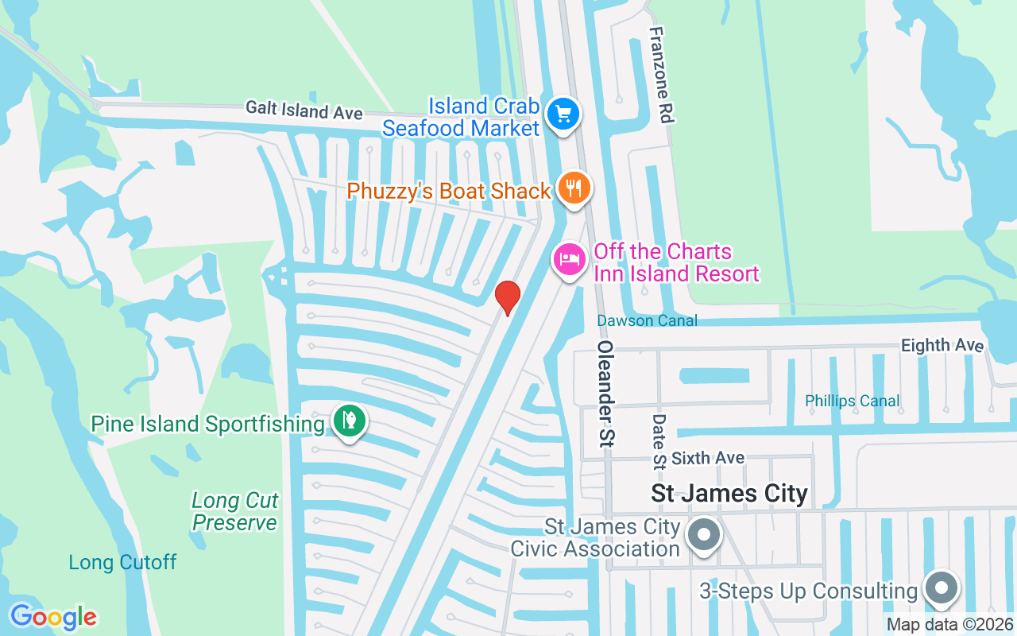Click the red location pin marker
507,297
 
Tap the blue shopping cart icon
563,114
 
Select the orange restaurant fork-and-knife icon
574,188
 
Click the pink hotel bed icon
570,259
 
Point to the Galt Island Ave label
304,110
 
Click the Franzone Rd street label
661,75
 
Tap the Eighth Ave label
942,345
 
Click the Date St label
659,440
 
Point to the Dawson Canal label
648,320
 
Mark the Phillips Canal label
853,401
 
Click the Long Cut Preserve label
235,512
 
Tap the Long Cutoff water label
122,563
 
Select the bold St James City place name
729,494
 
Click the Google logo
53,617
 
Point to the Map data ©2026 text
949,625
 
